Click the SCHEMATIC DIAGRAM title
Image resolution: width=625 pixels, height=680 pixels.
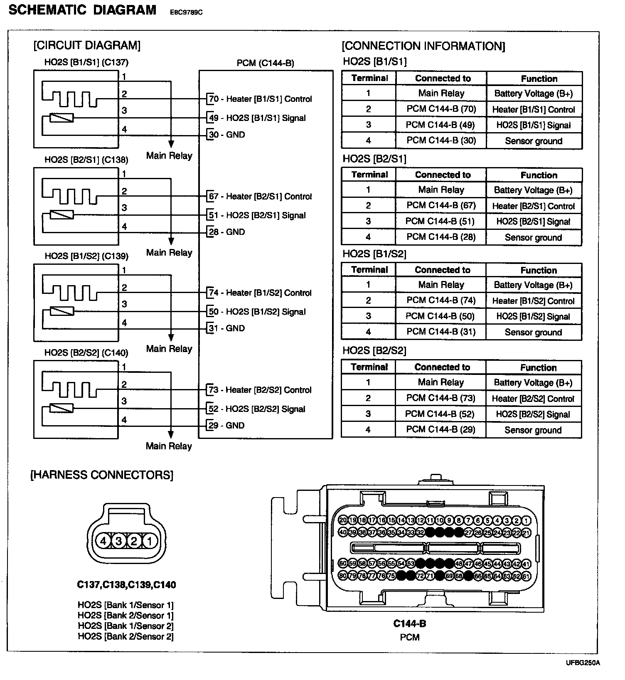pos(82,10)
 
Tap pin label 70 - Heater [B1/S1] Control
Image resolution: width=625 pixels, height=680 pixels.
pos(260,99)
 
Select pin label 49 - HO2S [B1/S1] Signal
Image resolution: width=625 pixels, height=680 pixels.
pos(257,118)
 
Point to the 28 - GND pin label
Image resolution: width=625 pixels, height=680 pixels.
pos(226,232)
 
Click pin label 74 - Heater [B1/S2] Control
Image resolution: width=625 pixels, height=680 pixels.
pos(260,293)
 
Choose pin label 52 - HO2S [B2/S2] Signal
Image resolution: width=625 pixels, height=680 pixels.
pos(257,409)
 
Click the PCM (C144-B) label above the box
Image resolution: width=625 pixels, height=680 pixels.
pos(265,63)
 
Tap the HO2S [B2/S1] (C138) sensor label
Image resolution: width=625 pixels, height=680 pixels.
pos(86,160)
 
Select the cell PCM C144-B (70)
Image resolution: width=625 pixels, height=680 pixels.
pos(441,109)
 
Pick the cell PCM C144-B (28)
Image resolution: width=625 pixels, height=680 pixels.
pos(441,237)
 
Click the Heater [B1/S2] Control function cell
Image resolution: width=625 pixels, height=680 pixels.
pos(533,301)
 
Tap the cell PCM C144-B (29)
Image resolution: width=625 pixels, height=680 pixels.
pos(440,429)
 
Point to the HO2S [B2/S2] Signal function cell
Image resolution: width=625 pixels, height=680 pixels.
pos(533,414)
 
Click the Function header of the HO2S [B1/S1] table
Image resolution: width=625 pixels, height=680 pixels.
pos(539,79)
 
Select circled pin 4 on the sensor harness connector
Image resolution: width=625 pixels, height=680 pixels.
pos(103,541)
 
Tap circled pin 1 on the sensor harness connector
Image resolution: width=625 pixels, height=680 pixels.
pos(150,541)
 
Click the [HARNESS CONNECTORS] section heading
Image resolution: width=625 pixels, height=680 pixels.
pos(102,475)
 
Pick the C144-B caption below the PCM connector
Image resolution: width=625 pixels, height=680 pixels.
pos(410,623)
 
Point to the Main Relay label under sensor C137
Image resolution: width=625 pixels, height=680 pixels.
pos(169,156)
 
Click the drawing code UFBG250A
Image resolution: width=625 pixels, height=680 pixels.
pos(583,663)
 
